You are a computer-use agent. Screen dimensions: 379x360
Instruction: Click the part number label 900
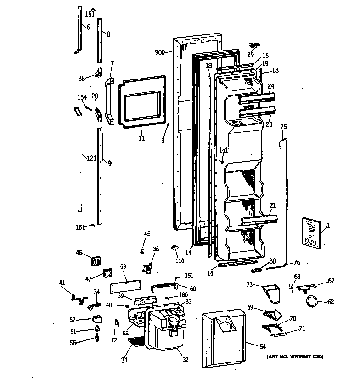tap(160, 52)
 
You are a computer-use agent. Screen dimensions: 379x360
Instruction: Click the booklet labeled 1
tap(311, 233)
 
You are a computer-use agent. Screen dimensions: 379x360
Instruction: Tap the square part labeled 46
tap(97, 260)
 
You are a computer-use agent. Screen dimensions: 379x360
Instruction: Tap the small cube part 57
tap(98, 319)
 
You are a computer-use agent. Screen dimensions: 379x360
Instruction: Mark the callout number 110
tap(180, 261)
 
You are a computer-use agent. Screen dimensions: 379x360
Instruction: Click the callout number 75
tap(283, 127)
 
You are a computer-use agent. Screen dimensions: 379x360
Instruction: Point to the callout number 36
tap(156, 249)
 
